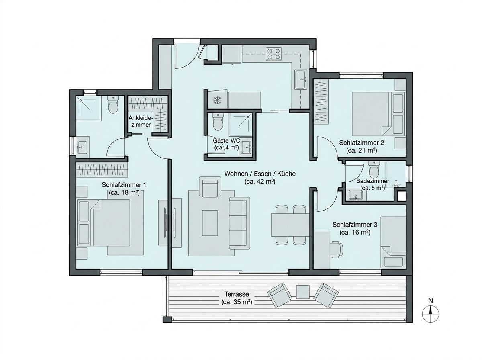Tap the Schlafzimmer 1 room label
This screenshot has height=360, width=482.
124,189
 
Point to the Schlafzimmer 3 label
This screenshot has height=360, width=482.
355,229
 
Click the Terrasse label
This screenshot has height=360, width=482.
237,298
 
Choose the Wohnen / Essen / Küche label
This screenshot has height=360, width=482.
260,178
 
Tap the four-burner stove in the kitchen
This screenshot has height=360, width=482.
274,54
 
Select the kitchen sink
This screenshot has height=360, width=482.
300,80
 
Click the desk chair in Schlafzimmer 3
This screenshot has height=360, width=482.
336,249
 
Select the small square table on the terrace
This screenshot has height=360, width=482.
303,292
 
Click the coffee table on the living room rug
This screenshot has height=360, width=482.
210,223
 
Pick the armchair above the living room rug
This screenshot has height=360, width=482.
210,187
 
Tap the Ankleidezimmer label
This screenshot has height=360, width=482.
140,121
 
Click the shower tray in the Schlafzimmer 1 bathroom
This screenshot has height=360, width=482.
88,108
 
